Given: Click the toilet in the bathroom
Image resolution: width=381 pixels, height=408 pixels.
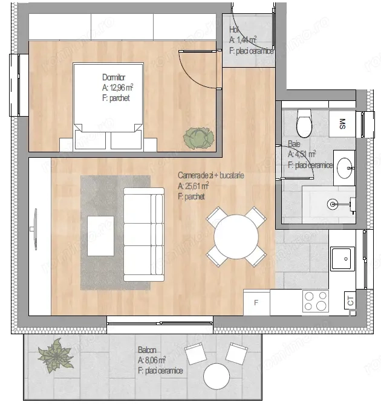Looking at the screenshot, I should click(304, 125).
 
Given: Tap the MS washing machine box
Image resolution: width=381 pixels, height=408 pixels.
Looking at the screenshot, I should click(343, 124).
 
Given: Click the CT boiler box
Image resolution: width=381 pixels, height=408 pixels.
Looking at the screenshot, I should click(350, 299).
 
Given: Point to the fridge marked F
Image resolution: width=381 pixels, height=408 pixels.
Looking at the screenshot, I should click(256, 302).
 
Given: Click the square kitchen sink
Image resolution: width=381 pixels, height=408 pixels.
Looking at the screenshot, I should click(342, 259).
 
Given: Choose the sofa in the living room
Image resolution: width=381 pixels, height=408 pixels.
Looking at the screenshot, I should click(143, 235).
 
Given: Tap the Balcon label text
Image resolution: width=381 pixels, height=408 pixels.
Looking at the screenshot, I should click(147, 350).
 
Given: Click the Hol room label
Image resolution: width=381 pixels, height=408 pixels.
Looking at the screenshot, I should click(233, 30).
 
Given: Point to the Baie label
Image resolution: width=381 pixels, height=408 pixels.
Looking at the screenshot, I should click(294, 144).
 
